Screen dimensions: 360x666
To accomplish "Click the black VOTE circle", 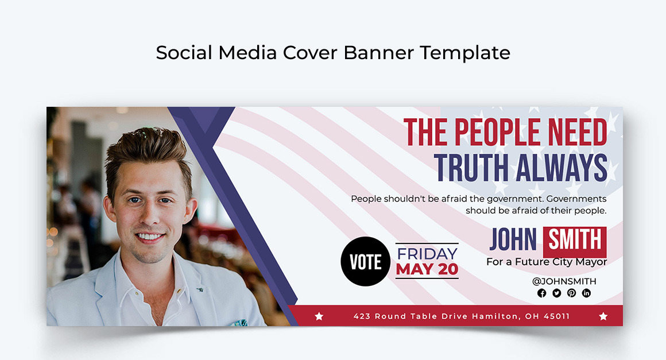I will tap(365, 261).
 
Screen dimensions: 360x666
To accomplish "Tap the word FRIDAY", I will tap(427, 253).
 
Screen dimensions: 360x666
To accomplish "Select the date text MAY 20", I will tap(427, 269).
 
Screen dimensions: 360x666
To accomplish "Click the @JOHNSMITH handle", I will tap(564, 281).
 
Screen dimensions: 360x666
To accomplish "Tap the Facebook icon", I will tap(541, 293).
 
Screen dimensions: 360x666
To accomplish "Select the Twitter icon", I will tap(556, 293).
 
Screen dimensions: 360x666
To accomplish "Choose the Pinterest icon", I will tap(571, 293).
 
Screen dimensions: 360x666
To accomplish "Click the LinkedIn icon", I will tap(586, 293).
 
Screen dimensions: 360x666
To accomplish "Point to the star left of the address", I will tap(319, 316).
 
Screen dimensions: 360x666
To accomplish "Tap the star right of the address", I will tap(603, 316).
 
